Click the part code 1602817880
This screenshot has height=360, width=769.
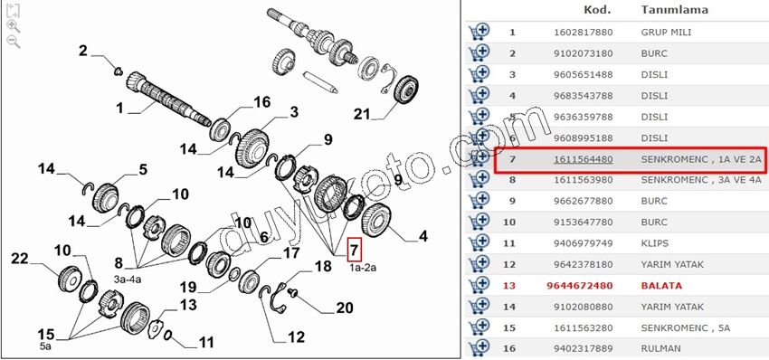click(584, 33)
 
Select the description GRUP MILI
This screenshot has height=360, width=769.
click(666, 33)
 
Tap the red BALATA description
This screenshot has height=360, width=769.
click(661, 286)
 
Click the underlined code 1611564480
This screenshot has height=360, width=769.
click(584, 159)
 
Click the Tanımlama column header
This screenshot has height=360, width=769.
click(674, 9)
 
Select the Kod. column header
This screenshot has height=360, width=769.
click(597, 9)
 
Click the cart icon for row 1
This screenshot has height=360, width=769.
click(479, 32)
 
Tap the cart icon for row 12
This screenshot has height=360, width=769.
click(479, 264)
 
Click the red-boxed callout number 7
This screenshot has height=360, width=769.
click(354, 250)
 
